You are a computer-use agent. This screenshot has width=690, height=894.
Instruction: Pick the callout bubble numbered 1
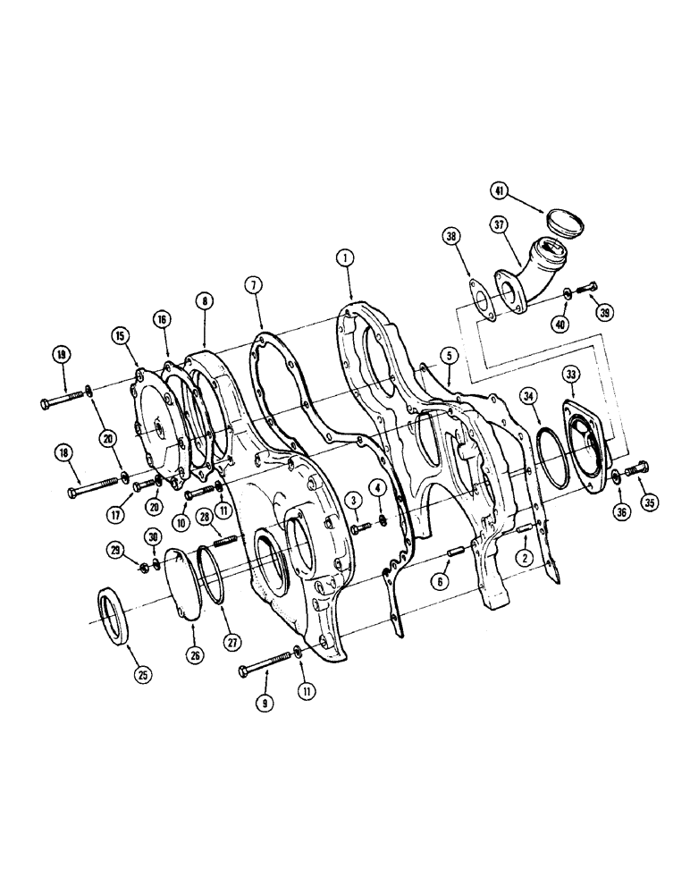click(x=341, y=257)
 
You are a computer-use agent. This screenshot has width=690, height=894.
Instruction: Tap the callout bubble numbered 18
click(x=62, y=454)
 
